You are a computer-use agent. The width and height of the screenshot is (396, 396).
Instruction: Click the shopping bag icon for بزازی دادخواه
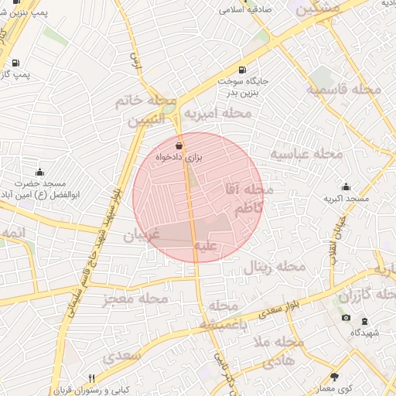point(179,145)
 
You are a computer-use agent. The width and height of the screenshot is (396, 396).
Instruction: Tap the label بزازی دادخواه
point(179,157)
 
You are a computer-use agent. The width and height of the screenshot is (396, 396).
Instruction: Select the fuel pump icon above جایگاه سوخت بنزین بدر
point(243,70)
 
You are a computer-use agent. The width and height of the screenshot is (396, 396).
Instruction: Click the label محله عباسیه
point(306,154)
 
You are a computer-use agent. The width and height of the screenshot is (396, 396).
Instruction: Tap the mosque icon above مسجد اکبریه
point(346,186)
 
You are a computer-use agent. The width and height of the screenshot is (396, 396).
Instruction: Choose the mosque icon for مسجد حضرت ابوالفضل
point(39,171)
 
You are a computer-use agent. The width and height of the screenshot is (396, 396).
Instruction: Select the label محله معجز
point(135,298)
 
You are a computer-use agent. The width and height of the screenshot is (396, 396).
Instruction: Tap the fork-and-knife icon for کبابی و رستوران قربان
point(92,378)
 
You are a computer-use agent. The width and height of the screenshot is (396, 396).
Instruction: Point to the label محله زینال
point(275,267)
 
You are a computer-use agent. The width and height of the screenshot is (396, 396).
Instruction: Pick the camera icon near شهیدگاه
point(346,318)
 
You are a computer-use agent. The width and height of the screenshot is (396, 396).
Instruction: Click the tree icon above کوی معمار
point(335,377)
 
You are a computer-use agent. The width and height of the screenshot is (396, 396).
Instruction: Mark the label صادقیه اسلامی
point(242,10)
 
